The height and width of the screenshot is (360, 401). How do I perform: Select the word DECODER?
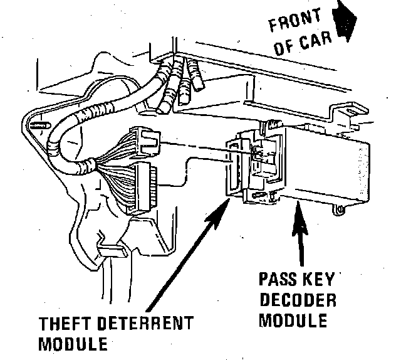coord(298,299)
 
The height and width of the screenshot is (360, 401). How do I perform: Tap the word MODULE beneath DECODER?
coord(294,320)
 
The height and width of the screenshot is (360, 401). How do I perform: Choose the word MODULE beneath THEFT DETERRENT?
coord(73,344)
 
